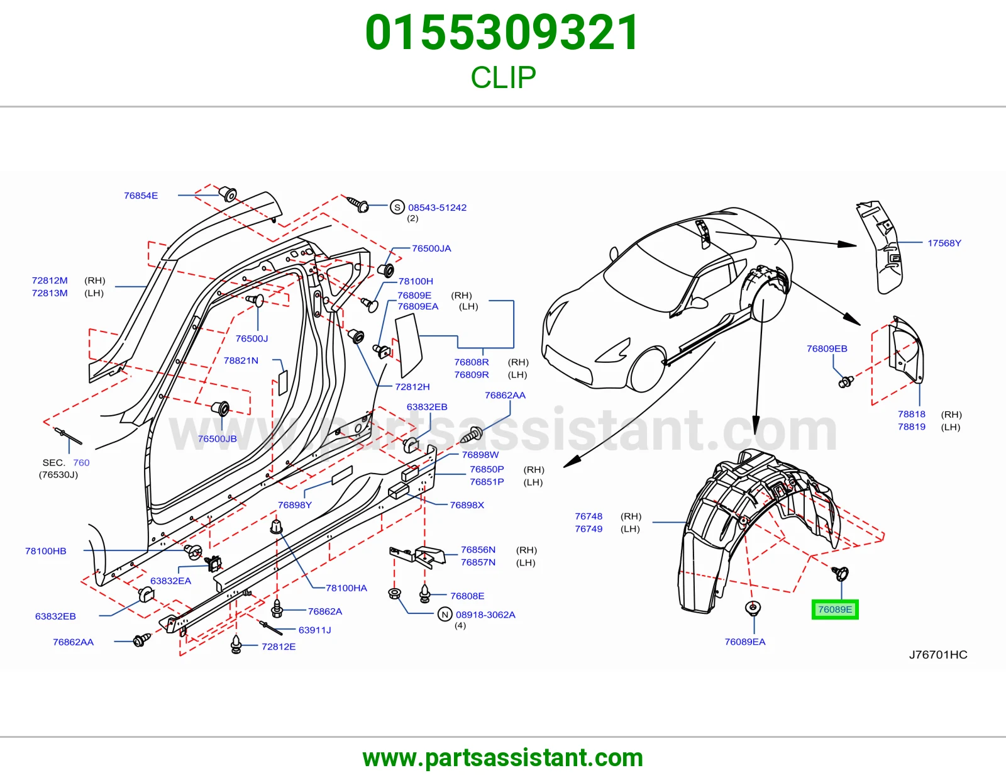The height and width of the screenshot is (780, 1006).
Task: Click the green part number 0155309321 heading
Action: click(502, 33)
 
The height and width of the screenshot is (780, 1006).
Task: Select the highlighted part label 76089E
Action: click(835, 609)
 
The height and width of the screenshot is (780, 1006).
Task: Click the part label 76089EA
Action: click(745, 642)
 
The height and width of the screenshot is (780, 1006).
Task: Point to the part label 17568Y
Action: click(944, 243)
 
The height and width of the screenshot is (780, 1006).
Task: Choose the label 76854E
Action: click(141, 196)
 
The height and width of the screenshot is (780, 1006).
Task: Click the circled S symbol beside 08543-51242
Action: click(397, 207)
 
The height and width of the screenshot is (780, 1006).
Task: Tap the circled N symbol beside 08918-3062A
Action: click(445, 614)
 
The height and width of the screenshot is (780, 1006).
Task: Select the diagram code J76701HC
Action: click(938, 654)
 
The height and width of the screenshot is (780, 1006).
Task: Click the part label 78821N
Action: click(241, 360)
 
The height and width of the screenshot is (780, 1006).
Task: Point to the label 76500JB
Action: click(217, 438)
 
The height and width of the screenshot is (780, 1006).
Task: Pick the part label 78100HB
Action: click(46, 551)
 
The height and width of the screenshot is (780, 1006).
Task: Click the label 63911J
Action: click(315, 630)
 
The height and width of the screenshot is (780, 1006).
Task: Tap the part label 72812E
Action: click(279, 647)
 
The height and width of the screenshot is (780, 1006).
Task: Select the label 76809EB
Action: click(827, 348)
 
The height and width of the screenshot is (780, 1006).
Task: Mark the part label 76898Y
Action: click(295, 505)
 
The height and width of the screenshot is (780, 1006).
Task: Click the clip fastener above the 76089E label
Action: click(840, 574)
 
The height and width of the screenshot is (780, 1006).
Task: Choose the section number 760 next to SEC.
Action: click(81, 462)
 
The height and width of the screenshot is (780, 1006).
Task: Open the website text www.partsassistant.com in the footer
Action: click(503, 758)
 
